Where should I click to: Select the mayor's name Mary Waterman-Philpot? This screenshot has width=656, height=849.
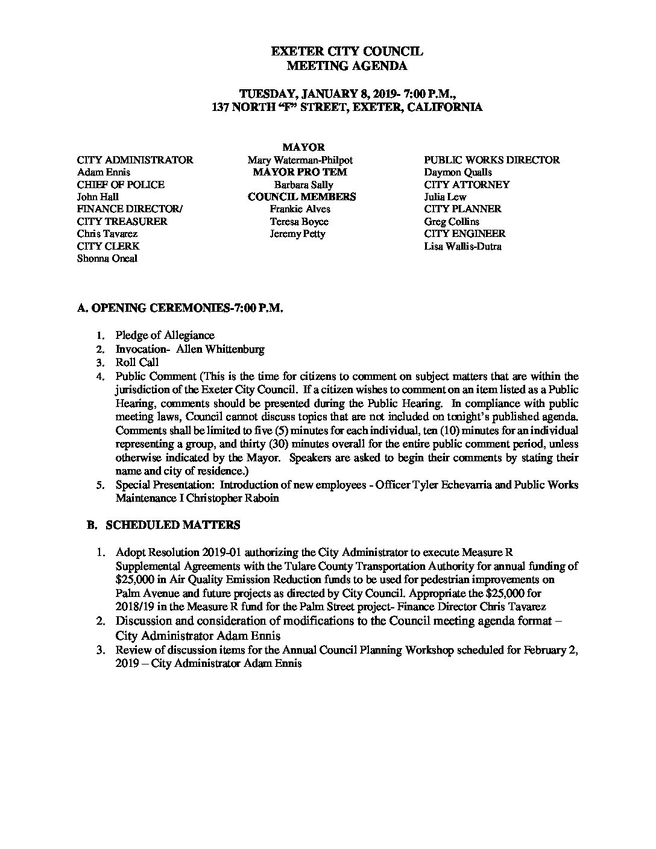point(300,160)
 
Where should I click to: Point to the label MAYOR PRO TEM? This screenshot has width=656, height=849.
point(300,172)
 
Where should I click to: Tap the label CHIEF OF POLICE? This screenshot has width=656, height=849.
point(121,185)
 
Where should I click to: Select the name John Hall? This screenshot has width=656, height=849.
point(98,197)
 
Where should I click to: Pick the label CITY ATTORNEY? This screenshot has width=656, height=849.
point(467,185)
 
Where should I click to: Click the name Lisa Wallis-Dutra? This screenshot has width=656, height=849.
point(462,247)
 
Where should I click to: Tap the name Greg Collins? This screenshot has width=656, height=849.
point(452,222)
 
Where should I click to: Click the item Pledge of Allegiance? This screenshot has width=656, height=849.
point(165,335)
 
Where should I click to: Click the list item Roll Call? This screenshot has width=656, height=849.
point(137,362)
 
